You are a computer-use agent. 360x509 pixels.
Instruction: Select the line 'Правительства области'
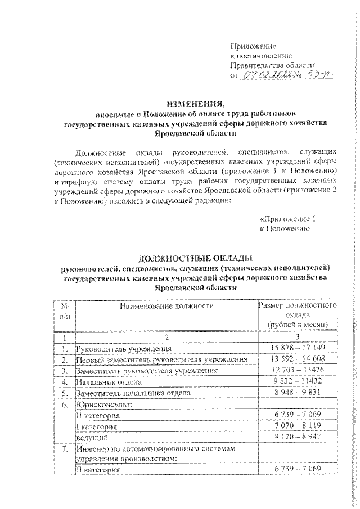click(x=271, y=65)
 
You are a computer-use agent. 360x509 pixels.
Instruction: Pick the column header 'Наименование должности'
click(x=166, y=306)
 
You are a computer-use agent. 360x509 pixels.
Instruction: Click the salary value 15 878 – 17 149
click(x=296, y=349)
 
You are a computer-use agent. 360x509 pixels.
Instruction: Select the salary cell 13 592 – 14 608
click(x=296, y=360)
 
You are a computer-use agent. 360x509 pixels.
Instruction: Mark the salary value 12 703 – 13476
click(x=296, y=371)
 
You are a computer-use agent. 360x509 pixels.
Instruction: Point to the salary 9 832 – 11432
click(x=296, y=382)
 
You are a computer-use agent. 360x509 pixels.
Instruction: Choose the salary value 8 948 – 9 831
click(x=296, y=393)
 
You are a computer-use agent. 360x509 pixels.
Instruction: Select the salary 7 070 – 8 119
click(x=296, y=426)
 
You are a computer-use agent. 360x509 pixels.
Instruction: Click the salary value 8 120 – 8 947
click(x=296, y=437)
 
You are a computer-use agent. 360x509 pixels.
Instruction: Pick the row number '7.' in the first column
click(x=65, y=448)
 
